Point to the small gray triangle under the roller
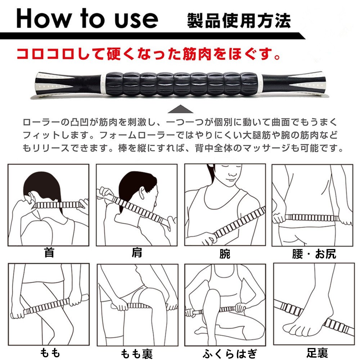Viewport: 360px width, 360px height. coord(180,109)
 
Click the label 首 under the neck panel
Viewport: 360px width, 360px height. coord(49,253)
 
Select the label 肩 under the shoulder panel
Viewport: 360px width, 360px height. coord(137,253)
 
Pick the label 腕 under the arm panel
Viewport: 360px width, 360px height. coord(225,254)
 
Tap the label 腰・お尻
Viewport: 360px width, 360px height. coord(314,254)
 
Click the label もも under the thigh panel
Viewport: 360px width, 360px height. coord(50,353)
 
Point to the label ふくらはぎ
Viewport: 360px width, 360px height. coord(230,354)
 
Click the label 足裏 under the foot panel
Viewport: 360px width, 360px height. coord(317,353)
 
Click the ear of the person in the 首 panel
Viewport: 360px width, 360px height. coord(31,197)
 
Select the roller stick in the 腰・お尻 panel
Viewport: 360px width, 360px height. coord(312,217)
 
